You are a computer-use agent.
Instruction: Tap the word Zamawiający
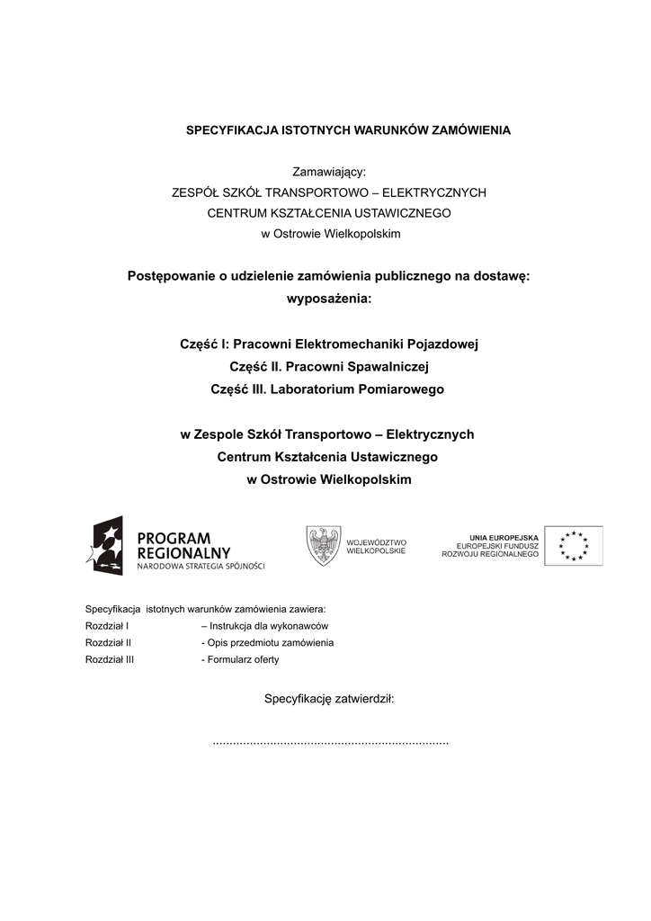pyautogui.click(x=328, y=172)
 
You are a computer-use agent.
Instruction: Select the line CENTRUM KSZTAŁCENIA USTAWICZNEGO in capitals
pyautogui.click(x=329, y=213)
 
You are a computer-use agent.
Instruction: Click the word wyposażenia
pyautogui.click(x=328, y=299)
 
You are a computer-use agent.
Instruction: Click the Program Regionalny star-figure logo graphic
pyautogui.click(x=105, y=546)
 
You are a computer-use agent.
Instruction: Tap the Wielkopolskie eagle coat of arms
pyautogui.click(x=323, y=545)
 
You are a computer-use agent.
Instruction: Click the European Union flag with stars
pyautogui.click(x=573, y=546)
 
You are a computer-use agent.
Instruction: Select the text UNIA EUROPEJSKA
pyautogui.click(x=504, y=537)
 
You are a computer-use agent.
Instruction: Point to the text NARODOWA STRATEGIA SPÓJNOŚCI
pyautogui.click(x=201, y=567)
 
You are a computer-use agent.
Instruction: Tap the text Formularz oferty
pyautogui.click(x=243, y=659)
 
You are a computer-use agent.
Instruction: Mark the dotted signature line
pyautogui.click(x=330, y=743)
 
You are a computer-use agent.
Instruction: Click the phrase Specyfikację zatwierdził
pyautogui.click(x=328, y=699)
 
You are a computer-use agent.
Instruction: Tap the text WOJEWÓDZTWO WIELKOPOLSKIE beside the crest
pyautogui.click(x=376, y=546)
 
